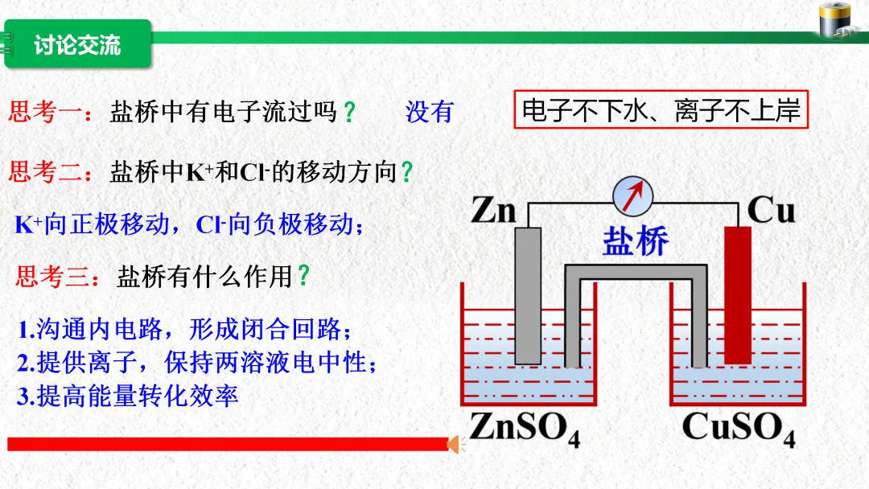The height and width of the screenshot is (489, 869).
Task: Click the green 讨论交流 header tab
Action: pos(77,44)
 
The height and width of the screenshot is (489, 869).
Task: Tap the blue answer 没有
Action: pos(430,112)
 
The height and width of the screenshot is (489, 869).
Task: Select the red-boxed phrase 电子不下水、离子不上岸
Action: pos(660,111)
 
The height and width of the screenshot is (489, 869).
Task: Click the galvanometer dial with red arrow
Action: pos(632,195)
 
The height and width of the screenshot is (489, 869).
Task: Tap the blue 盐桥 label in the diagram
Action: pos(636,241)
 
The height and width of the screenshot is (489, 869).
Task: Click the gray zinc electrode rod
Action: pos(528,294)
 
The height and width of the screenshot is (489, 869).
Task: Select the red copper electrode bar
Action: pos(737,294)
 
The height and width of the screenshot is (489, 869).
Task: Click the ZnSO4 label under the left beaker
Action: pos(525,426)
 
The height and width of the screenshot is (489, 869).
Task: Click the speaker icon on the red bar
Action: pos(456,443)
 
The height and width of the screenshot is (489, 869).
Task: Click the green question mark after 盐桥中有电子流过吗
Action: pos(348,113)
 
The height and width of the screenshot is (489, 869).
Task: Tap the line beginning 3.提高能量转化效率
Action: pos(129,396)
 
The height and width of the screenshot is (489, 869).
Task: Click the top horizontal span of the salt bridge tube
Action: pos(636,271)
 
